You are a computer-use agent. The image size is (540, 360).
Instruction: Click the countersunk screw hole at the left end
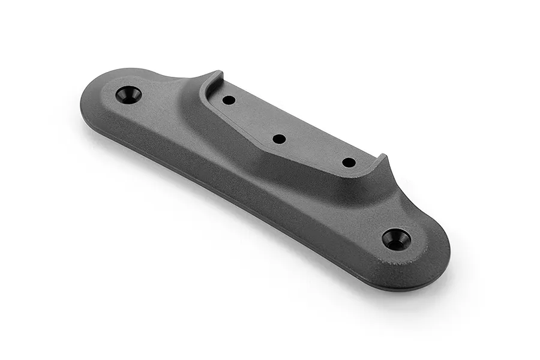point(128,95)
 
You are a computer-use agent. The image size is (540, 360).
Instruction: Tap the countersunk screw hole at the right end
point(397,239)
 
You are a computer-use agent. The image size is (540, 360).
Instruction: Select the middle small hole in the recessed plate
point(279,139)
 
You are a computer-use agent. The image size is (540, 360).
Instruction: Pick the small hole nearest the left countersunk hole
point(229,100)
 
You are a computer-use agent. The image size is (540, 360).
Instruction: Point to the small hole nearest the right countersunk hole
point(349,162)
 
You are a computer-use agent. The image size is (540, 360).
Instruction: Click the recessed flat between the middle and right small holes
point(314,150)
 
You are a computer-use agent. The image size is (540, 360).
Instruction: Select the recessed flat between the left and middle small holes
point(254,119)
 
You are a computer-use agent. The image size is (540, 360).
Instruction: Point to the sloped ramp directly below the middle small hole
point(264,162)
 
